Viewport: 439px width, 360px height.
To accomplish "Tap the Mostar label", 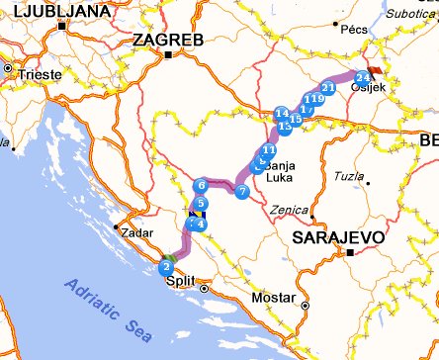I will [273, 298].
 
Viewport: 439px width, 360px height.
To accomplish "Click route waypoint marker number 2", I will [166, 266].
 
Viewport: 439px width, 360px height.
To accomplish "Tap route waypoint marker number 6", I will [202, 185].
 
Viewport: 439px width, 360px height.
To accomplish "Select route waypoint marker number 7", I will [242, 190].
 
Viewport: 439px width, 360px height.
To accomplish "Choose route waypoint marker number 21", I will [328, 88].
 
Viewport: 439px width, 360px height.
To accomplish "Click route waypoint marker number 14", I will [282, 114].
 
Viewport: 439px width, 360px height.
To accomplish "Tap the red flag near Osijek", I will [374, 71].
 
